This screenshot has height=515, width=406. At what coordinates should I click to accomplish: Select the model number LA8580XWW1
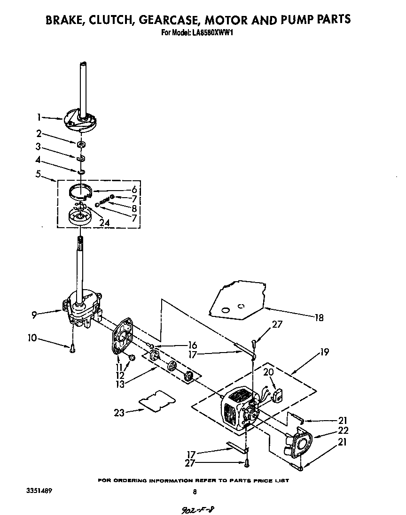tap(213, 33)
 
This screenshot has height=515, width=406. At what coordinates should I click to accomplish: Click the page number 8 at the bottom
tap(194, 492)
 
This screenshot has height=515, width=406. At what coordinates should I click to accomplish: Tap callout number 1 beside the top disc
tap(40, 117)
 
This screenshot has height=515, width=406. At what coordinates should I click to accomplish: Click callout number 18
tap(320, 317)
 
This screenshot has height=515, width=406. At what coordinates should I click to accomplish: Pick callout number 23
tap(119, 413)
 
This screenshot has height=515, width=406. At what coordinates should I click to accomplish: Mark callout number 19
tap(325, 351)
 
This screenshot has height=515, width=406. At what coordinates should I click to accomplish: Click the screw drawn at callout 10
tap(72, 348)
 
